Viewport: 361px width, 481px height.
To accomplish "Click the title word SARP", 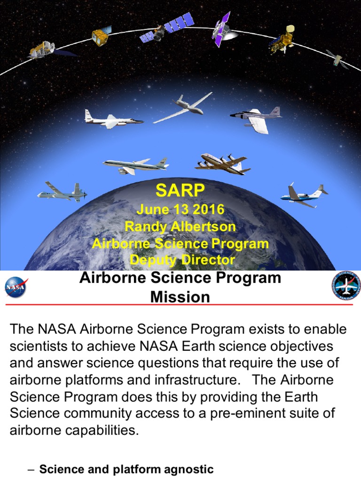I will click(180, 191).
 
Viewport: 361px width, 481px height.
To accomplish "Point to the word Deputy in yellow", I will click(152, 260).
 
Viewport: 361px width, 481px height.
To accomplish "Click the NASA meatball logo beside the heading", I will click(17, 288).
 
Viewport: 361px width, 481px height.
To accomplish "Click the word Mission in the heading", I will click(180, 297).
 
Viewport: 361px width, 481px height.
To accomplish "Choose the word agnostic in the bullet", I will click(187, 469).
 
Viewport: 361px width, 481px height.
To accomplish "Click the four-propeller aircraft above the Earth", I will click(222, 164).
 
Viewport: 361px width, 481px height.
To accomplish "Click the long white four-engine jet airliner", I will click(135, 163).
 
